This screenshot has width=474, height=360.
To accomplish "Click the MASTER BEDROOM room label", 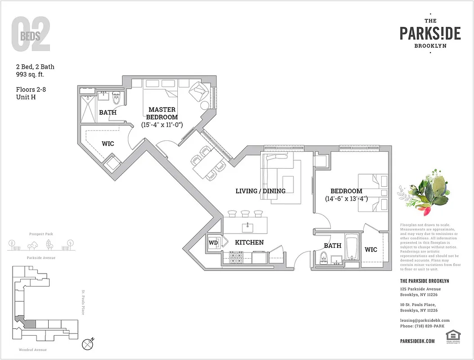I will [x=162, y=113].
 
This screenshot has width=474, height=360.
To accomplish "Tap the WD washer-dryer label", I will [x=213, y=243].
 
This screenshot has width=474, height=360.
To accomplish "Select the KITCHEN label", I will [x=249, y=243].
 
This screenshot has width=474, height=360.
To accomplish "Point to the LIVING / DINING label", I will [x=260, y=191].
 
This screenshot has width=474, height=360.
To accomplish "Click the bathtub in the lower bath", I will [x=351, y=249].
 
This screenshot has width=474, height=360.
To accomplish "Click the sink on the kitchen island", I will [x=247, y=225].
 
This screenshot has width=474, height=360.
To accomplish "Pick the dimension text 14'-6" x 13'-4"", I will [x=346, y=198].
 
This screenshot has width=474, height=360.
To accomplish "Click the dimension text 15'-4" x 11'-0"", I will [x=162, y=124].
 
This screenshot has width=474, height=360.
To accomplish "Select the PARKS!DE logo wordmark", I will [x=430, y=33].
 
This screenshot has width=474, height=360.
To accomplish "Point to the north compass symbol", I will [x=88, y=344].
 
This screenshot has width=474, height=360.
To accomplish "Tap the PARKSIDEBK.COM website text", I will [x=417, y=341].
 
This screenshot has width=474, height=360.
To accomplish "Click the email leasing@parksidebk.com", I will [x=424, y=320].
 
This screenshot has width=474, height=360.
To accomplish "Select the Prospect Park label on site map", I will [x=41, y=234].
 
